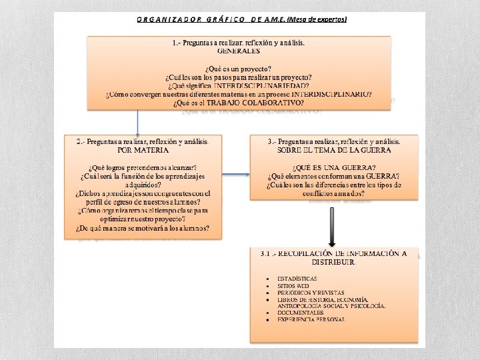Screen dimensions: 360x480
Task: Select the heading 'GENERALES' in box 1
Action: tap(238, 51)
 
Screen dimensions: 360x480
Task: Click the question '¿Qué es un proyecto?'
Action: tap(238, 69)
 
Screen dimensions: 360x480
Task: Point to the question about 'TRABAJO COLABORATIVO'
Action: tap(238, 103)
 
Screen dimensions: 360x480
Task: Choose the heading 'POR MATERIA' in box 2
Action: tap(143, 151)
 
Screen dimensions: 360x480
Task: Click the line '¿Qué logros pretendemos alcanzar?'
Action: tap(143, 167)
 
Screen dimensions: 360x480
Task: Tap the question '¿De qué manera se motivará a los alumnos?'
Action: tap(143, 228)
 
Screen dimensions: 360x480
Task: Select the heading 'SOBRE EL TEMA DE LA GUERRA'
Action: tap(334, 151)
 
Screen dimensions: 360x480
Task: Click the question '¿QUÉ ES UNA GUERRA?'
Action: tap(334, 167)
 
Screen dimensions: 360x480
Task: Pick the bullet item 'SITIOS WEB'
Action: tap(293, 285)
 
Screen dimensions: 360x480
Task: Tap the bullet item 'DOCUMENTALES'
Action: tap(301, 313)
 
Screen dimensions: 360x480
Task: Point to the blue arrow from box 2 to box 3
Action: tap(235, 175)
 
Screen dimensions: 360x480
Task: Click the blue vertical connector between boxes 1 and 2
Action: tap(137, 122)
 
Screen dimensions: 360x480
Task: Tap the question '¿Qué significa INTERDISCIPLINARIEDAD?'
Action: tap(238, 86)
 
